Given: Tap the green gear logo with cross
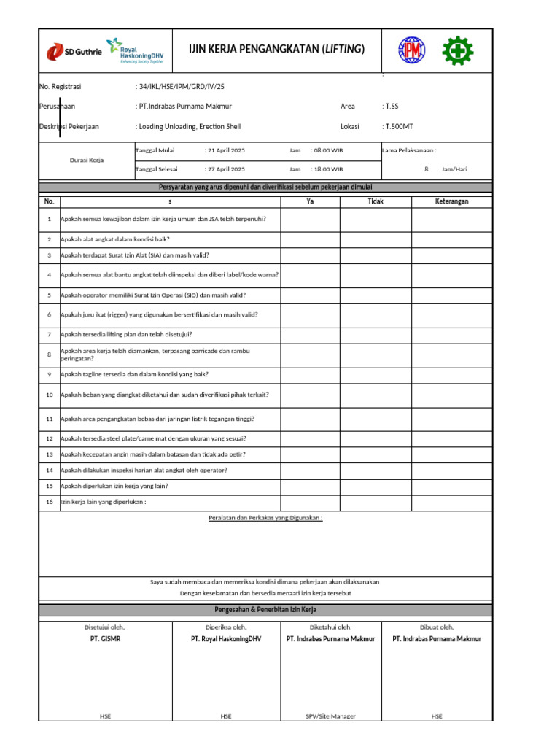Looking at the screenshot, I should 458,50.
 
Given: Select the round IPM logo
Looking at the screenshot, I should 412,50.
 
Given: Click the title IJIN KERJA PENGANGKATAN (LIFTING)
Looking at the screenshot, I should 276,49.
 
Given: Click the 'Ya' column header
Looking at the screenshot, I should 310,201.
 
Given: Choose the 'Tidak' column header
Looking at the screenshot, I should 376,201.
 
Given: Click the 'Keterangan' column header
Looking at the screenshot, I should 451,201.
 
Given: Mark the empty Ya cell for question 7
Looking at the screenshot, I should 310,334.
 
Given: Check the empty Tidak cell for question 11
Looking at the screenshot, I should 376,419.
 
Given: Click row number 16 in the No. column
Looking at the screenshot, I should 50,502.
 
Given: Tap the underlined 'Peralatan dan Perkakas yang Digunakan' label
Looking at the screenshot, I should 265,517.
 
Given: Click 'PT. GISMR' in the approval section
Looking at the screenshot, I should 104,639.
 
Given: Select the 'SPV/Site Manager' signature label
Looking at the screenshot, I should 331,716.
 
